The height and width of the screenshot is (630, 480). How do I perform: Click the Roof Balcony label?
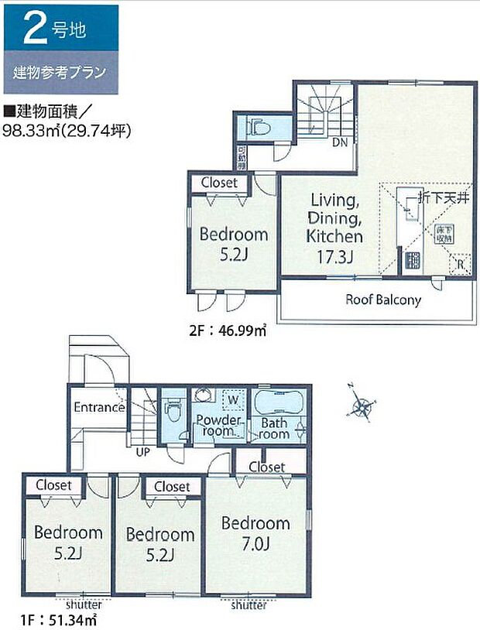tap(382, 300)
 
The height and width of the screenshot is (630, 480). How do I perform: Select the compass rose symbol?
tap(361, 405)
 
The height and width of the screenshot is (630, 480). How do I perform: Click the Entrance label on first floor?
tap(99, 407)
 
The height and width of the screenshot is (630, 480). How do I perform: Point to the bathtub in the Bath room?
tap(279, 404)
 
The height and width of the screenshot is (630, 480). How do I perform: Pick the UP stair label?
tap(143, 451)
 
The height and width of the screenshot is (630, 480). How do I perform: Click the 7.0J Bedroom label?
tap(255, 534)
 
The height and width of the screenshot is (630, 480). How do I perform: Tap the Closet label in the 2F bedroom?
tap(220, 183)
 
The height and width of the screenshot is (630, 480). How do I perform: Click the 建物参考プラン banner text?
tap(60, 74)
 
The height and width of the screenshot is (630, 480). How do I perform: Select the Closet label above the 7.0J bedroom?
tap(267, 467)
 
